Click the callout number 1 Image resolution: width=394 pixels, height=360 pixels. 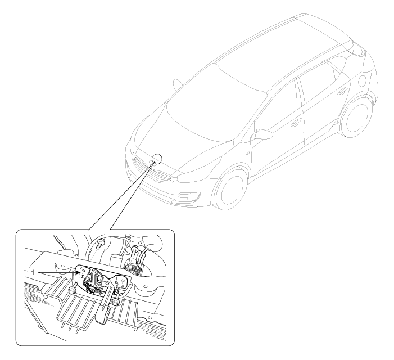pos(33,272)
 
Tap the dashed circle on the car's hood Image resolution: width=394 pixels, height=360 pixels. pos(157,159)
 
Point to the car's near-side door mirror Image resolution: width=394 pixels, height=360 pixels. pos(262,134)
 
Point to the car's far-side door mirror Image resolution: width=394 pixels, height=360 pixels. pos(178,84)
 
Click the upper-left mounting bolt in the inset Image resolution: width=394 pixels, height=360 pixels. pos(101,242)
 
